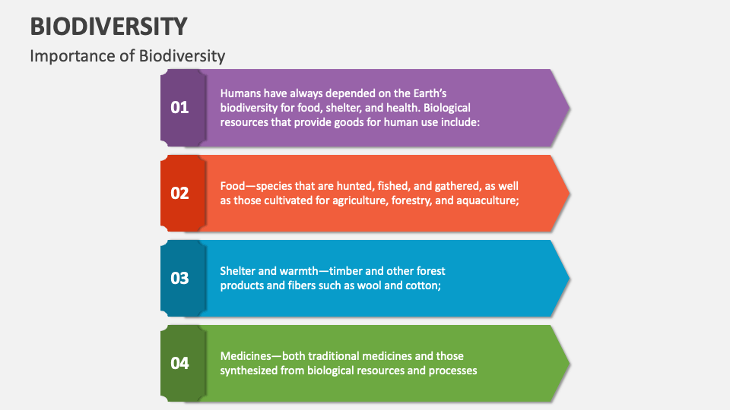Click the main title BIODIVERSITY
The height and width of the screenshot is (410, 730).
(x=108, y=26)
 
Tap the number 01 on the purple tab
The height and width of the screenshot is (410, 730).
(x=179, y=108)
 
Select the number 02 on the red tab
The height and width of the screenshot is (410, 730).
(x=179, y=193)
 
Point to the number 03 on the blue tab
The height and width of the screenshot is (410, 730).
(x=179, y=278)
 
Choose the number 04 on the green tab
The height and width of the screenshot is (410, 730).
(x=179, y=363)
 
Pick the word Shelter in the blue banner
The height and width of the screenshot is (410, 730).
(x=238, y=271)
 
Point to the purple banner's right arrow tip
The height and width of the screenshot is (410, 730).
(x=568, y=108)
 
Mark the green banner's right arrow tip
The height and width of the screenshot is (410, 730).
(x=568, y=363)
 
